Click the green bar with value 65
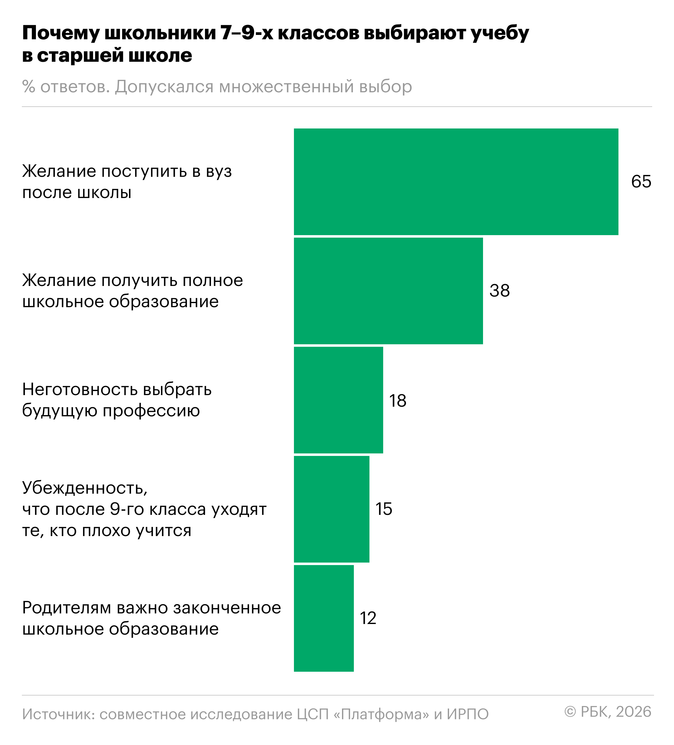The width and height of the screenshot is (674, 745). [x=456, y=181]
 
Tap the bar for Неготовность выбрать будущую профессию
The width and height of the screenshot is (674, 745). [x=338, y=400]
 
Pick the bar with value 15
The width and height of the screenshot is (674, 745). [x=331, y=509]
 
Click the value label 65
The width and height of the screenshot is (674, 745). [x=641, y=181]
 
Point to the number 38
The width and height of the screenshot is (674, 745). [x=499, y=290]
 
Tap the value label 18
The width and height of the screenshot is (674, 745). [x=398, y=401]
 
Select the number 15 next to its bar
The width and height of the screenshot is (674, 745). [x=383, y=509]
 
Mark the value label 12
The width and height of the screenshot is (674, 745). [x=368, y=618]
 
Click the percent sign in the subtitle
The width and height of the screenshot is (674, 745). [x=28, y=87]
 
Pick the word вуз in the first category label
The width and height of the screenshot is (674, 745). [x=219, y=172]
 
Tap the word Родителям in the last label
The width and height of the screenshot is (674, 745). [x=66, y=608]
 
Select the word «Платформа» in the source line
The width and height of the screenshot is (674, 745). [x=381, y=714]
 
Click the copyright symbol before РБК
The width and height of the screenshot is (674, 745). [x=570, y=712]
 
